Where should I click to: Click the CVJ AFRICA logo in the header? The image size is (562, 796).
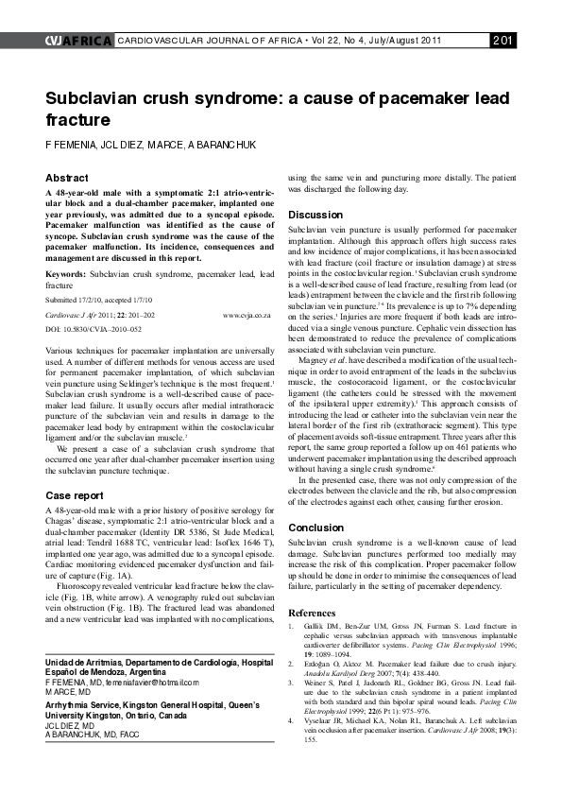(x=77, y=39)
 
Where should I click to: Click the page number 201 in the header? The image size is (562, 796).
(x=502, y=39)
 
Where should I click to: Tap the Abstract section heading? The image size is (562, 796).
(x=67, y=178)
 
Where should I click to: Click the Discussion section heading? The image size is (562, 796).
(x=315, y=215)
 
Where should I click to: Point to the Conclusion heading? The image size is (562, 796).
(x=315, y=528)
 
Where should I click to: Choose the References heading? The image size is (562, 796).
(x=312, y=614)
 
